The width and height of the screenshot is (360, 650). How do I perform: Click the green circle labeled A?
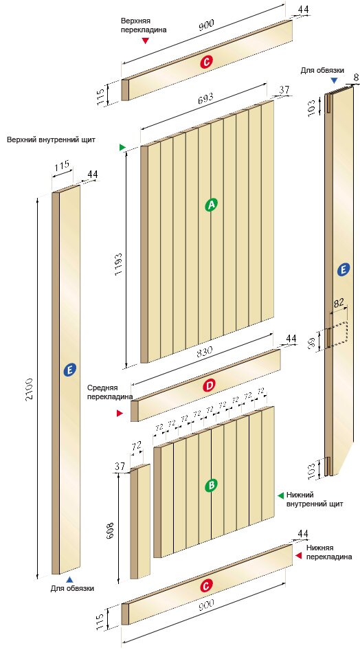pos(212,204)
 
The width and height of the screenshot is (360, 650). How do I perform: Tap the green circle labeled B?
pos(212,485)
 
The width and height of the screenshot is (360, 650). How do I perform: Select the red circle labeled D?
pos(210,386)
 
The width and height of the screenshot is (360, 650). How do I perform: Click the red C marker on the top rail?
pos(206,62)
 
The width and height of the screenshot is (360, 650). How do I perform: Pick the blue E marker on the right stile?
pos(343,270)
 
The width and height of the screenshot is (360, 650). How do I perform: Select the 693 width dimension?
pos(206,98)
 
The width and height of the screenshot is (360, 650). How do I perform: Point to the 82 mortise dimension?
pos(339,302)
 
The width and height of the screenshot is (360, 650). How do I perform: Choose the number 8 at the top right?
pos(355,77)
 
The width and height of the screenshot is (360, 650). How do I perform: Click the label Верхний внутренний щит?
pos(51,139)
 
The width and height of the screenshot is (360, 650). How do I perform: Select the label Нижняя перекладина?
pos(329,552)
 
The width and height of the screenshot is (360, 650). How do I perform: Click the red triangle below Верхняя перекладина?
pos(145,41)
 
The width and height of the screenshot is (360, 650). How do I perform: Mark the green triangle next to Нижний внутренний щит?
pos(280,495)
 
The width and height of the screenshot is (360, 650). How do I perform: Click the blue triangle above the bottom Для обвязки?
pos(69,579)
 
